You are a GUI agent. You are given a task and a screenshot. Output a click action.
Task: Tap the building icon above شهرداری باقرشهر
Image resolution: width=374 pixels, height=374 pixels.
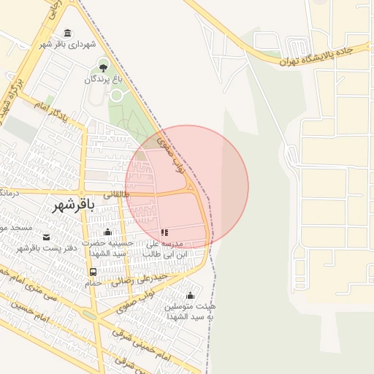68,33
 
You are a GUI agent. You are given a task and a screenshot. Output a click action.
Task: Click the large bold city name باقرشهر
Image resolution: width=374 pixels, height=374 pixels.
74,207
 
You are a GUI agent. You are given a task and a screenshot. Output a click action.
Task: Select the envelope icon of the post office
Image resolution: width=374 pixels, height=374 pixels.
47,237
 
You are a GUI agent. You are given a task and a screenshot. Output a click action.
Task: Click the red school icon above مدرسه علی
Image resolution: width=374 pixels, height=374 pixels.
164,232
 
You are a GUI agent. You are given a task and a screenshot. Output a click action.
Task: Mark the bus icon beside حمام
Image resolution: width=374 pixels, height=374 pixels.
93,272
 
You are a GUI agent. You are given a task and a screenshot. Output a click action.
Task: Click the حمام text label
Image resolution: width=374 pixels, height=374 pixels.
93,283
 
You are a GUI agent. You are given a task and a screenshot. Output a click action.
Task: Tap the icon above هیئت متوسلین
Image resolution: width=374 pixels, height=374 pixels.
191,295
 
